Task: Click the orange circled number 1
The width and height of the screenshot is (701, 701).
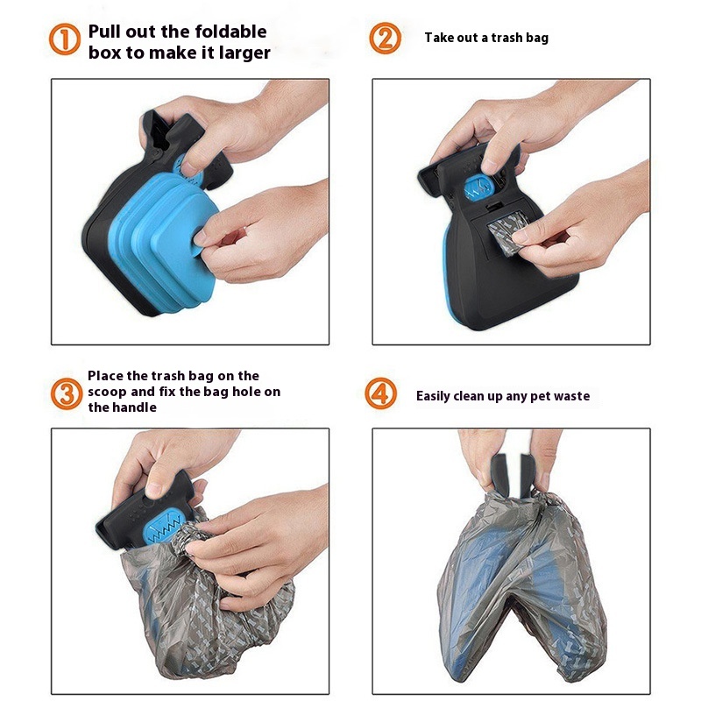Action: [64, 39]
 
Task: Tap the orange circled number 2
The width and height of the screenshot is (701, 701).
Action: [385, 39]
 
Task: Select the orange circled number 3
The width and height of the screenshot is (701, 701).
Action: [67, 393]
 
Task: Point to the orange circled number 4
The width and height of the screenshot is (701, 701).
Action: [381, 393]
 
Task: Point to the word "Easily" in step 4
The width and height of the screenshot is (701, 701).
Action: [433, 396]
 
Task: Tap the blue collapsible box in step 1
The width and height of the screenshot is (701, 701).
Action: [163, 242]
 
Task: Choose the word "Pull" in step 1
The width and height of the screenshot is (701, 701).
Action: [105, 32]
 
